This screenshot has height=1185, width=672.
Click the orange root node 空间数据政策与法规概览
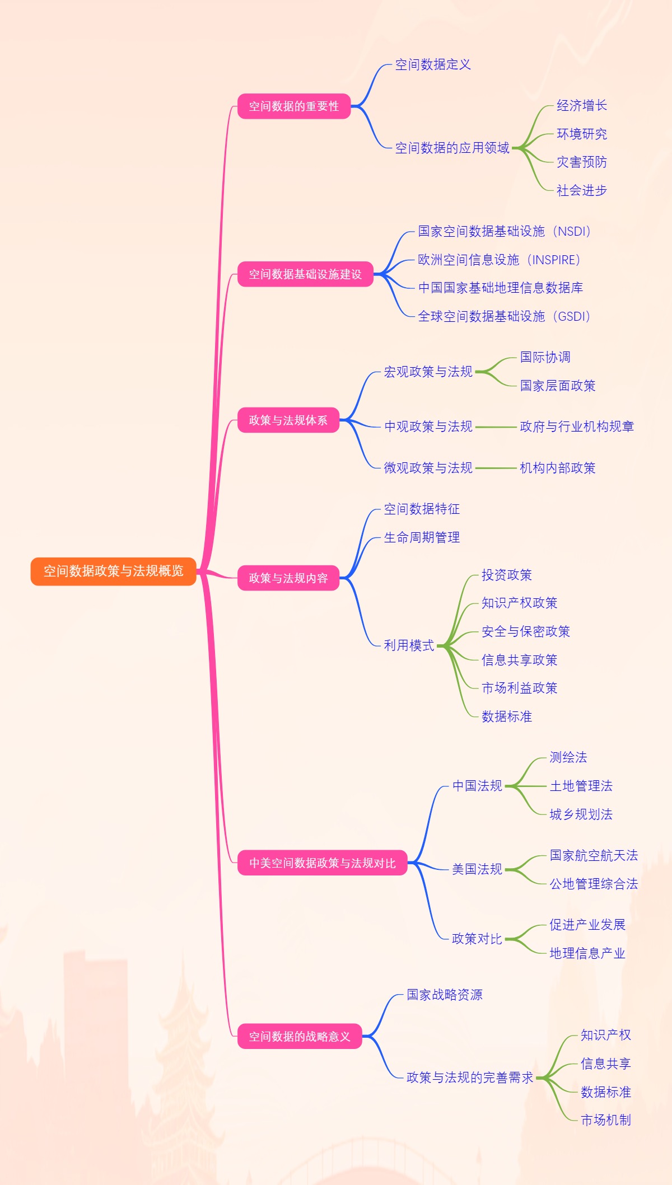(x=114, y=571)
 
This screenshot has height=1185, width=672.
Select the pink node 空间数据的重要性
(x=294, y=106)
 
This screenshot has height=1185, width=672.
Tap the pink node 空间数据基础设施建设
(x=305, y=274)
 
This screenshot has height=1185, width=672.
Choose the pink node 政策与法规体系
(x=288, y=420)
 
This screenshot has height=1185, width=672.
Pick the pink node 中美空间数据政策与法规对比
(x=322, y=863)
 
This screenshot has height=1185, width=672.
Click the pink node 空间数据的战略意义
(x=300, y=1037)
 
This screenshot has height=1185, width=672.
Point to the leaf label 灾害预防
(x=581, y=162)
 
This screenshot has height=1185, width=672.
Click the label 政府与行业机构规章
(x=577, y=427)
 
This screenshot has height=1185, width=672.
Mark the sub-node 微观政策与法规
(x=428, y=468)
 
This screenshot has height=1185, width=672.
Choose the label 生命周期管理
(x=422, y=538)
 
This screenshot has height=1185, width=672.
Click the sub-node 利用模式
(x=409, y=645)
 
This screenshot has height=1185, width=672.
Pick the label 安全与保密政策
(x=526, y=631)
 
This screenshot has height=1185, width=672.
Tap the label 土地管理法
(x=581, y=786)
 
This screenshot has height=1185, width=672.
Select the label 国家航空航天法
(x=594, y=855)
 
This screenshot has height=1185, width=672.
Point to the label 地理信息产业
(x=587, y=953)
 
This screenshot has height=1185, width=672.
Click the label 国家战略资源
(x=445, y=995)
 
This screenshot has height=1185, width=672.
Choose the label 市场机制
(x=606, y=1120)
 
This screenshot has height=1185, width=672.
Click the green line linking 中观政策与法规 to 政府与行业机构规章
(x=496, y=427)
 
